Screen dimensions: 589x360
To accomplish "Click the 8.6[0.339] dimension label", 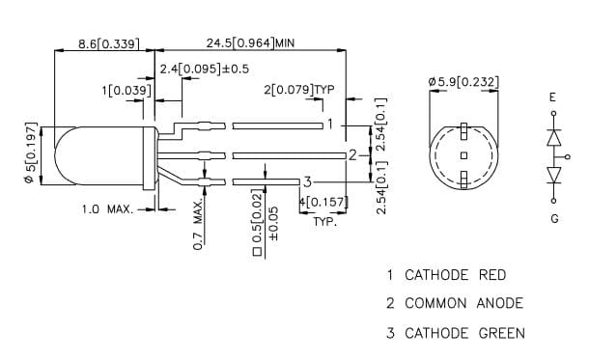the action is click(x=108, y=44).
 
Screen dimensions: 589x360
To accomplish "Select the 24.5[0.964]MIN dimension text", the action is click(x=250, y=42).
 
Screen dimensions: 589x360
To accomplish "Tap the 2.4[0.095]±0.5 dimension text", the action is click(x=205, y=69).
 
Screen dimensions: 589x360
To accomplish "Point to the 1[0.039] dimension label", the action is click(x=126, y=91).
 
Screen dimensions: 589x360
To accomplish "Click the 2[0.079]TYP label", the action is click(x=298, y=90).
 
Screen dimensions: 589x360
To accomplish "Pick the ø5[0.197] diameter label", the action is click(x=31, y=153).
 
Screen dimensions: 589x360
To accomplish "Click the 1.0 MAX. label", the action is click(x=108, y=209).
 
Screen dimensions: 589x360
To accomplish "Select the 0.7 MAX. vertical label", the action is click(x=198, y=224).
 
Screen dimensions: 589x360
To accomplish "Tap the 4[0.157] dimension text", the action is click(x=323, y=203).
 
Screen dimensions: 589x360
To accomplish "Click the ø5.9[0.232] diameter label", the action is click(x=463, y=81).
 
